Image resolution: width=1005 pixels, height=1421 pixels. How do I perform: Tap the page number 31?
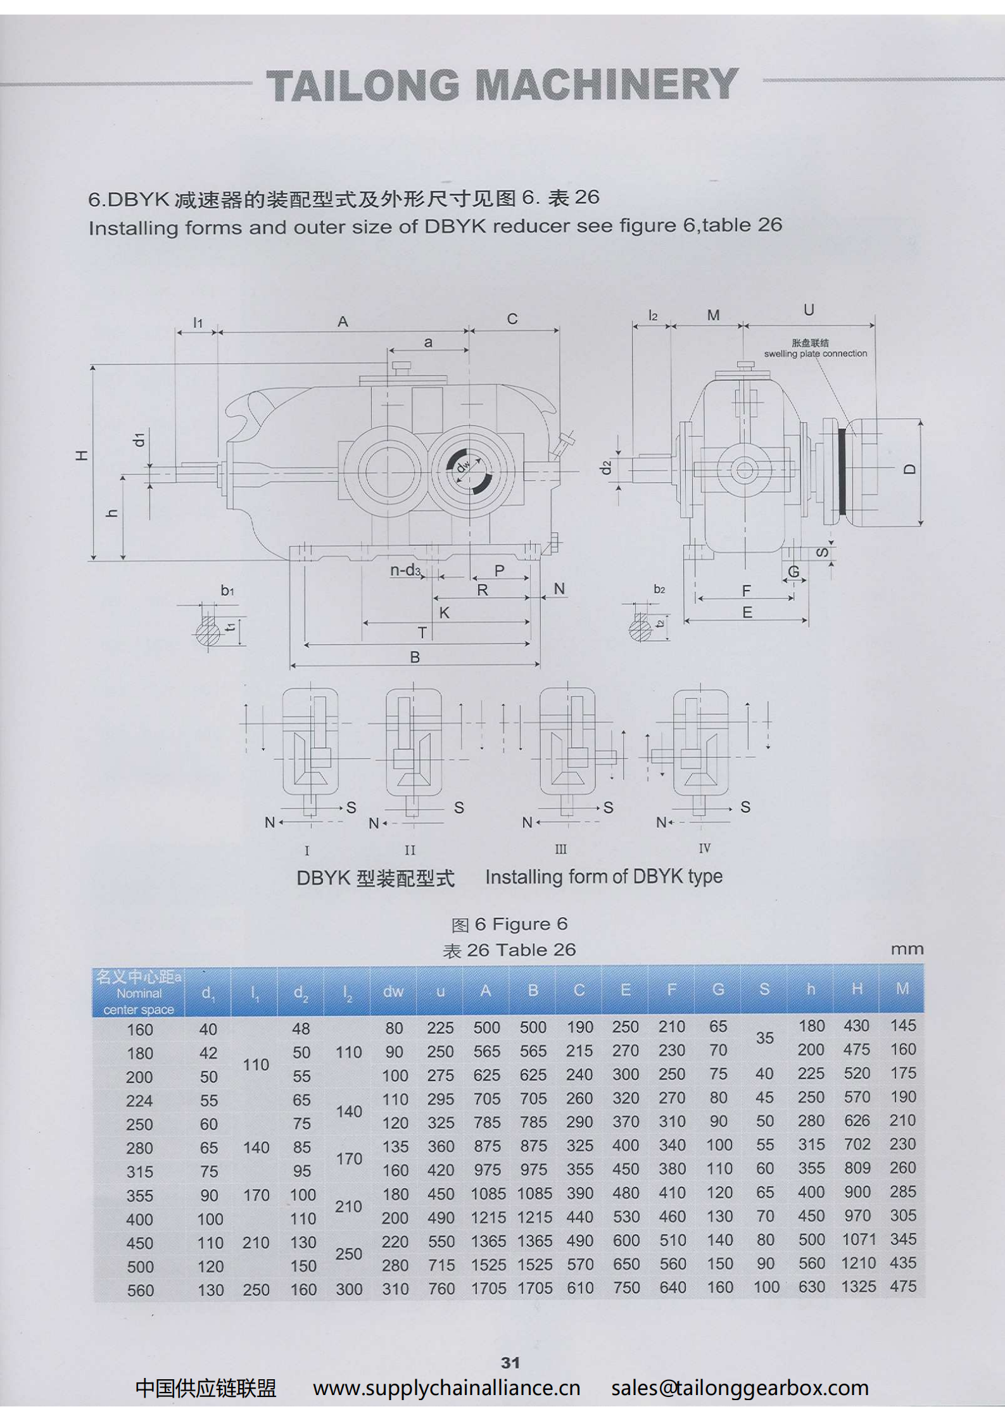510,1362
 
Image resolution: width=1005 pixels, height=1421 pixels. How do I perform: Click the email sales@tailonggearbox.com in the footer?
740,1388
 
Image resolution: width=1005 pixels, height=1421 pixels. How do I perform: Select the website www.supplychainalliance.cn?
446,1388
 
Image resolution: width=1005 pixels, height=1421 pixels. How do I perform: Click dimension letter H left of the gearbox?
82,455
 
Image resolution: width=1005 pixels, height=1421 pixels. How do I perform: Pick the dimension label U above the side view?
809,310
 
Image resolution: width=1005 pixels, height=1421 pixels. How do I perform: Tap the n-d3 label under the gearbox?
405,570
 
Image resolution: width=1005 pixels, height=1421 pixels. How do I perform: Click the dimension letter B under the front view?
415,657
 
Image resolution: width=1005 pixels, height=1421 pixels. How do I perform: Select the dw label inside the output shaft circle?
464,466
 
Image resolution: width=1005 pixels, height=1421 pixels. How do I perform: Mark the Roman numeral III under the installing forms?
560,849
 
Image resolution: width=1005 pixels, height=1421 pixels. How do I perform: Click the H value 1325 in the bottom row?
858,1287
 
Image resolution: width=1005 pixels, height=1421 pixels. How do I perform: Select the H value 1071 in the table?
858,1239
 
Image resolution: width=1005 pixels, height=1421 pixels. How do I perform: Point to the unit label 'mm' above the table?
907,949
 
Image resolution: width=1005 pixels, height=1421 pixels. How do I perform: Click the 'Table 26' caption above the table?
536,950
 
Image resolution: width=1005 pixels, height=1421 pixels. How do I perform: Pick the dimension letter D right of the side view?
910,469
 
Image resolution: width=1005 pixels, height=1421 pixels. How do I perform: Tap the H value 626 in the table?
857,1121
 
